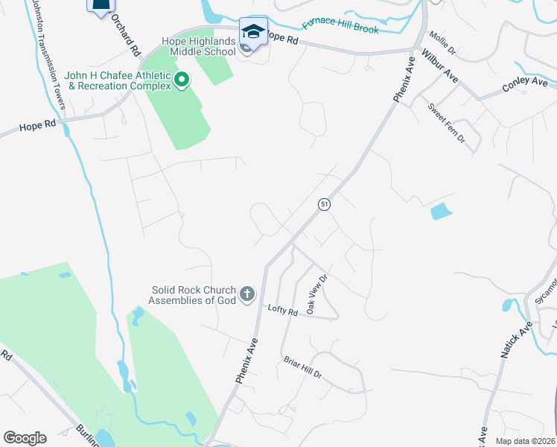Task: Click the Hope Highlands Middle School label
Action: [191, 46]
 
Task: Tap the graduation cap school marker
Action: [253, 32]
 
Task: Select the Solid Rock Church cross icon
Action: [247, 295]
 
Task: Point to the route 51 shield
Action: [324, 204]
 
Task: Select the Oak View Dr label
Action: [317, 294]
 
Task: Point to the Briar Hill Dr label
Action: [302, 367]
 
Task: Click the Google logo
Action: [25, 438]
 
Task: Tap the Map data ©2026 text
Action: [525, 441]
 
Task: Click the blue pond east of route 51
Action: [441, 212]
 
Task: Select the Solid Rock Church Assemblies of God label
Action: [193, 295]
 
